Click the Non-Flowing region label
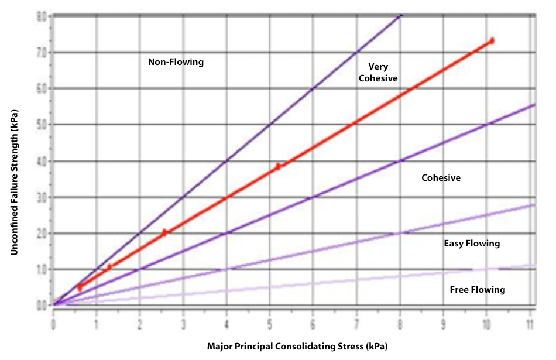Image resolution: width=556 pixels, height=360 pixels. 176,61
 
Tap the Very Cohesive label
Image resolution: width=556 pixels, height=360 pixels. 378,72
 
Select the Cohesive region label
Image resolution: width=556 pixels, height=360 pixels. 441,177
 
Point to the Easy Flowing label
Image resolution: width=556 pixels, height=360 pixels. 472,243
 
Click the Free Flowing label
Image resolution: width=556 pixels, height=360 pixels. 477,289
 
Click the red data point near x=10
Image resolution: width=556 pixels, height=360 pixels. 492,41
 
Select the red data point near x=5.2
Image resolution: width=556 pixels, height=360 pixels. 279,166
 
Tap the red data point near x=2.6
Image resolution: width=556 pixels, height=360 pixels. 164,232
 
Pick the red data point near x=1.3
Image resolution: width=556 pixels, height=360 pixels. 109,268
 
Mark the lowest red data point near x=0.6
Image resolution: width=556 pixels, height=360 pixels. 80,287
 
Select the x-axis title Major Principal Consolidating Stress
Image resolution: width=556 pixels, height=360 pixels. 297,346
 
